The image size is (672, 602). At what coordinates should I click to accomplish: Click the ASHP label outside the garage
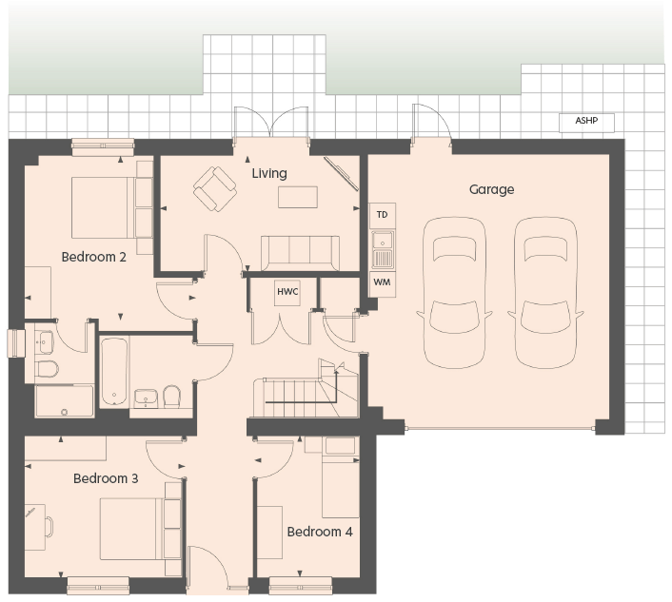click(x=586, y=121)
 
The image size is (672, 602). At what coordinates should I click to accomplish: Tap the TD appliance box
click(x=383, y=215)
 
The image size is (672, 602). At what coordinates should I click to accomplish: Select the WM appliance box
click(x=383, y=283)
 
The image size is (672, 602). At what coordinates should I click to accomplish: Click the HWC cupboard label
click(x=287, y=292)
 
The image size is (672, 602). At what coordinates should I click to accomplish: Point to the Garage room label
click(x=491, y=189)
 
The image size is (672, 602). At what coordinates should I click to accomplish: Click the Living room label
click(x=269, y=173)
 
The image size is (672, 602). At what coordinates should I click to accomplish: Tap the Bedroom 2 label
click(x=94, y=257)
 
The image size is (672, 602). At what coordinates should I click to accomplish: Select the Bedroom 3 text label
click(x=106, y=478)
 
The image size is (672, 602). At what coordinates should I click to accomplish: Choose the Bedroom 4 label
click(x=320, y=532)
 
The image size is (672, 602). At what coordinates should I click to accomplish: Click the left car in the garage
click(x=454, y=292)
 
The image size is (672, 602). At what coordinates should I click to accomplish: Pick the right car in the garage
click(x=545, y=292)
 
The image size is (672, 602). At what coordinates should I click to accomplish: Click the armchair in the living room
click(x=215, y=189)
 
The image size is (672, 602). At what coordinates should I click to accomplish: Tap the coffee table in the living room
click(x=298, y=198)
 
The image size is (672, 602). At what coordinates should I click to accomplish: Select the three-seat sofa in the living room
click(x=300, y=253)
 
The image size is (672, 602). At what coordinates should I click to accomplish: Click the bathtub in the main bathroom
click(x=114, y=372)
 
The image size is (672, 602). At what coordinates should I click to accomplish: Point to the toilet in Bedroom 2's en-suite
click(x=47, y=369)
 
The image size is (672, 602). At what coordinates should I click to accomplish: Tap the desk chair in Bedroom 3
click(x=49, y=527)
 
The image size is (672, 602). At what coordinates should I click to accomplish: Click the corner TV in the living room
click(x=341, y=173)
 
